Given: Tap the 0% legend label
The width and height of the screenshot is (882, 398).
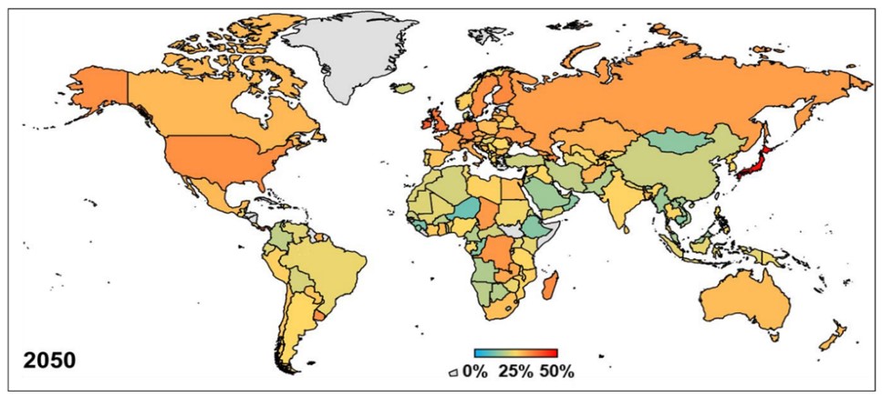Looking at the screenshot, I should click(474, 372).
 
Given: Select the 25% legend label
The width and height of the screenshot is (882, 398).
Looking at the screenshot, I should click(515, 372).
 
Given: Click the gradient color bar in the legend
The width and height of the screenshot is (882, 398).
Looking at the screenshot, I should click(515, 352).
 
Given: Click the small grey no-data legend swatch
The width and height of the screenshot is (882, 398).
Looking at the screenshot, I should click(453, 372).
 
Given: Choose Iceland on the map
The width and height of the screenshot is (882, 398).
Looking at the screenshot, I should click(402, 88).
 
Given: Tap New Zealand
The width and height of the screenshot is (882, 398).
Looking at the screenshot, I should click(835, 338).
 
